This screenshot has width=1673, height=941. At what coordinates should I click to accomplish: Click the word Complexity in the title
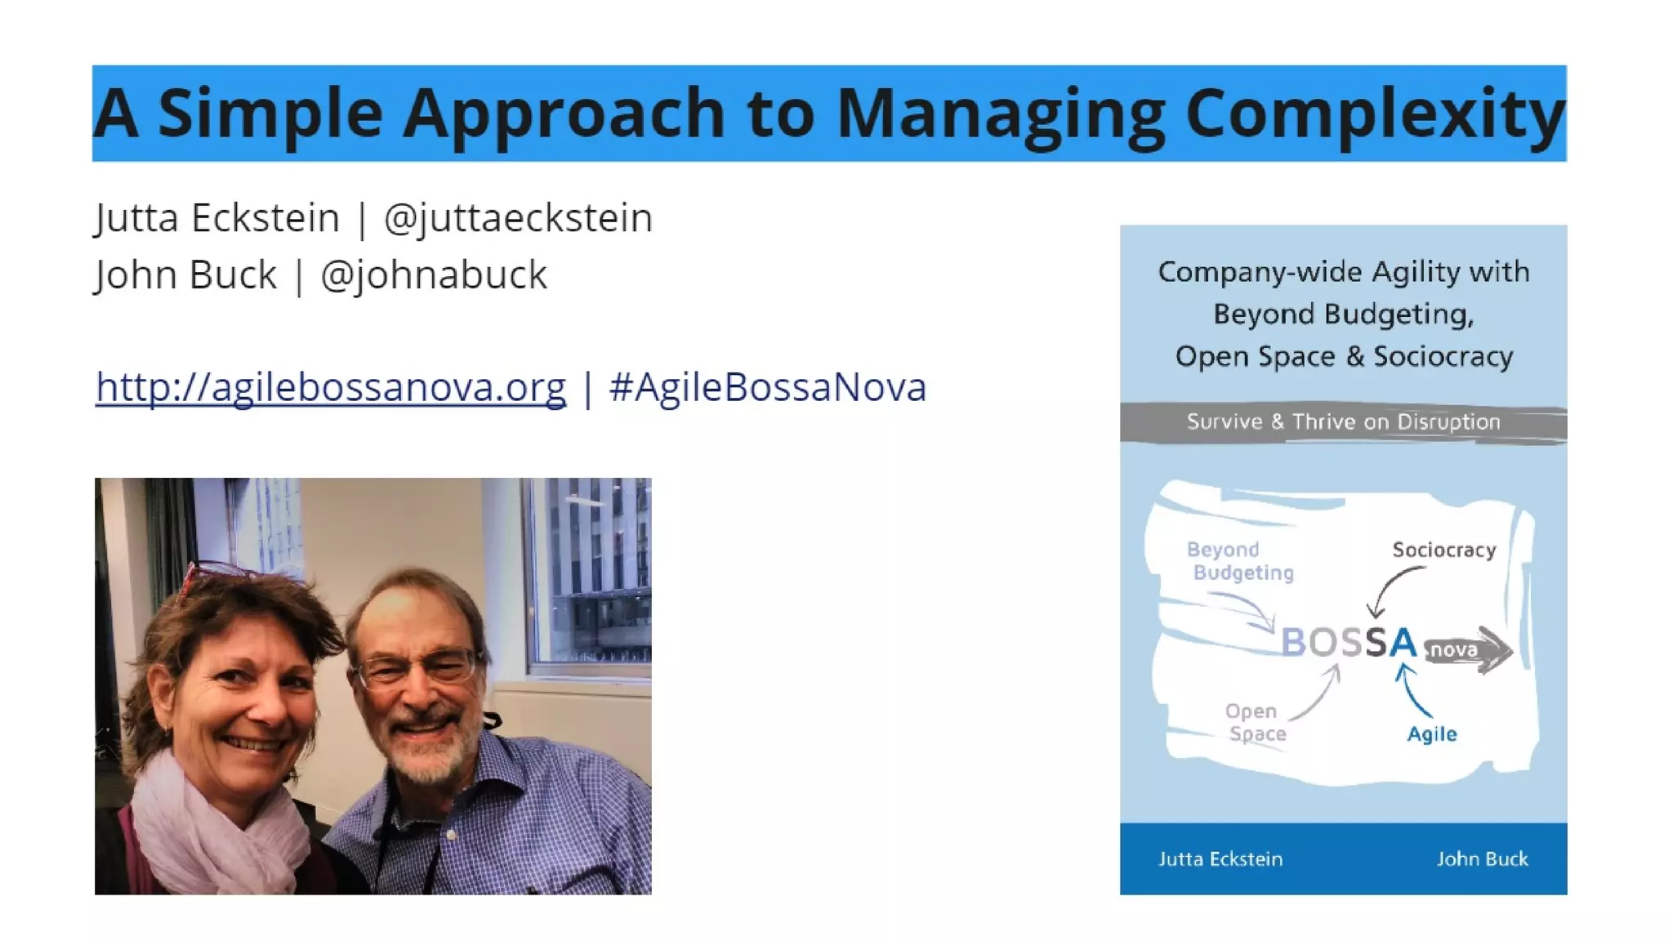coord(1374,114)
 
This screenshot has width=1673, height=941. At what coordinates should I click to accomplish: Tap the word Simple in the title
coord(270,114)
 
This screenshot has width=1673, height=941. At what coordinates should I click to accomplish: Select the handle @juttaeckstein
coord(518,219)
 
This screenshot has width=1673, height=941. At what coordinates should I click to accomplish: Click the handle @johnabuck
coord(433,275)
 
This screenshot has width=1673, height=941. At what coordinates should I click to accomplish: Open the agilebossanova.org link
coord(331,387)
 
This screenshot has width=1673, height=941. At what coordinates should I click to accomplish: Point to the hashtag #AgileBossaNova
coord(768,387)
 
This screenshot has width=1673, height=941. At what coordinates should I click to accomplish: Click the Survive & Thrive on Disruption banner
coord(1343,422)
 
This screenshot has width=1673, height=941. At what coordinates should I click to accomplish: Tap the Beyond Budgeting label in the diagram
coord(1240,561)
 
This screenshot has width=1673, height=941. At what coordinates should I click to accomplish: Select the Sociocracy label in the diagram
coord(1443,551)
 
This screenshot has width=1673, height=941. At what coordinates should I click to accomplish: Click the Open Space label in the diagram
coord(1256,723)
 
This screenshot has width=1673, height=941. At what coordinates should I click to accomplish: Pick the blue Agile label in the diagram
coord(1431,734)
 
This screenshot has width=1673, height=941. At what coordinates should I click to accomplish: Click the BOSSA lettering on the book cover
coord(1348,643)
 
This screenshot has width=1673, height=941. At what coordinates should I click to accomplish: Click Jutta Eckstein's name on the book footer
coord(1220,859)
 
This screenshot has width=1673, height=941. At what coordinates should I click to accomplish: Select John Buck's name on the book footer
coord(1482,859)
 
